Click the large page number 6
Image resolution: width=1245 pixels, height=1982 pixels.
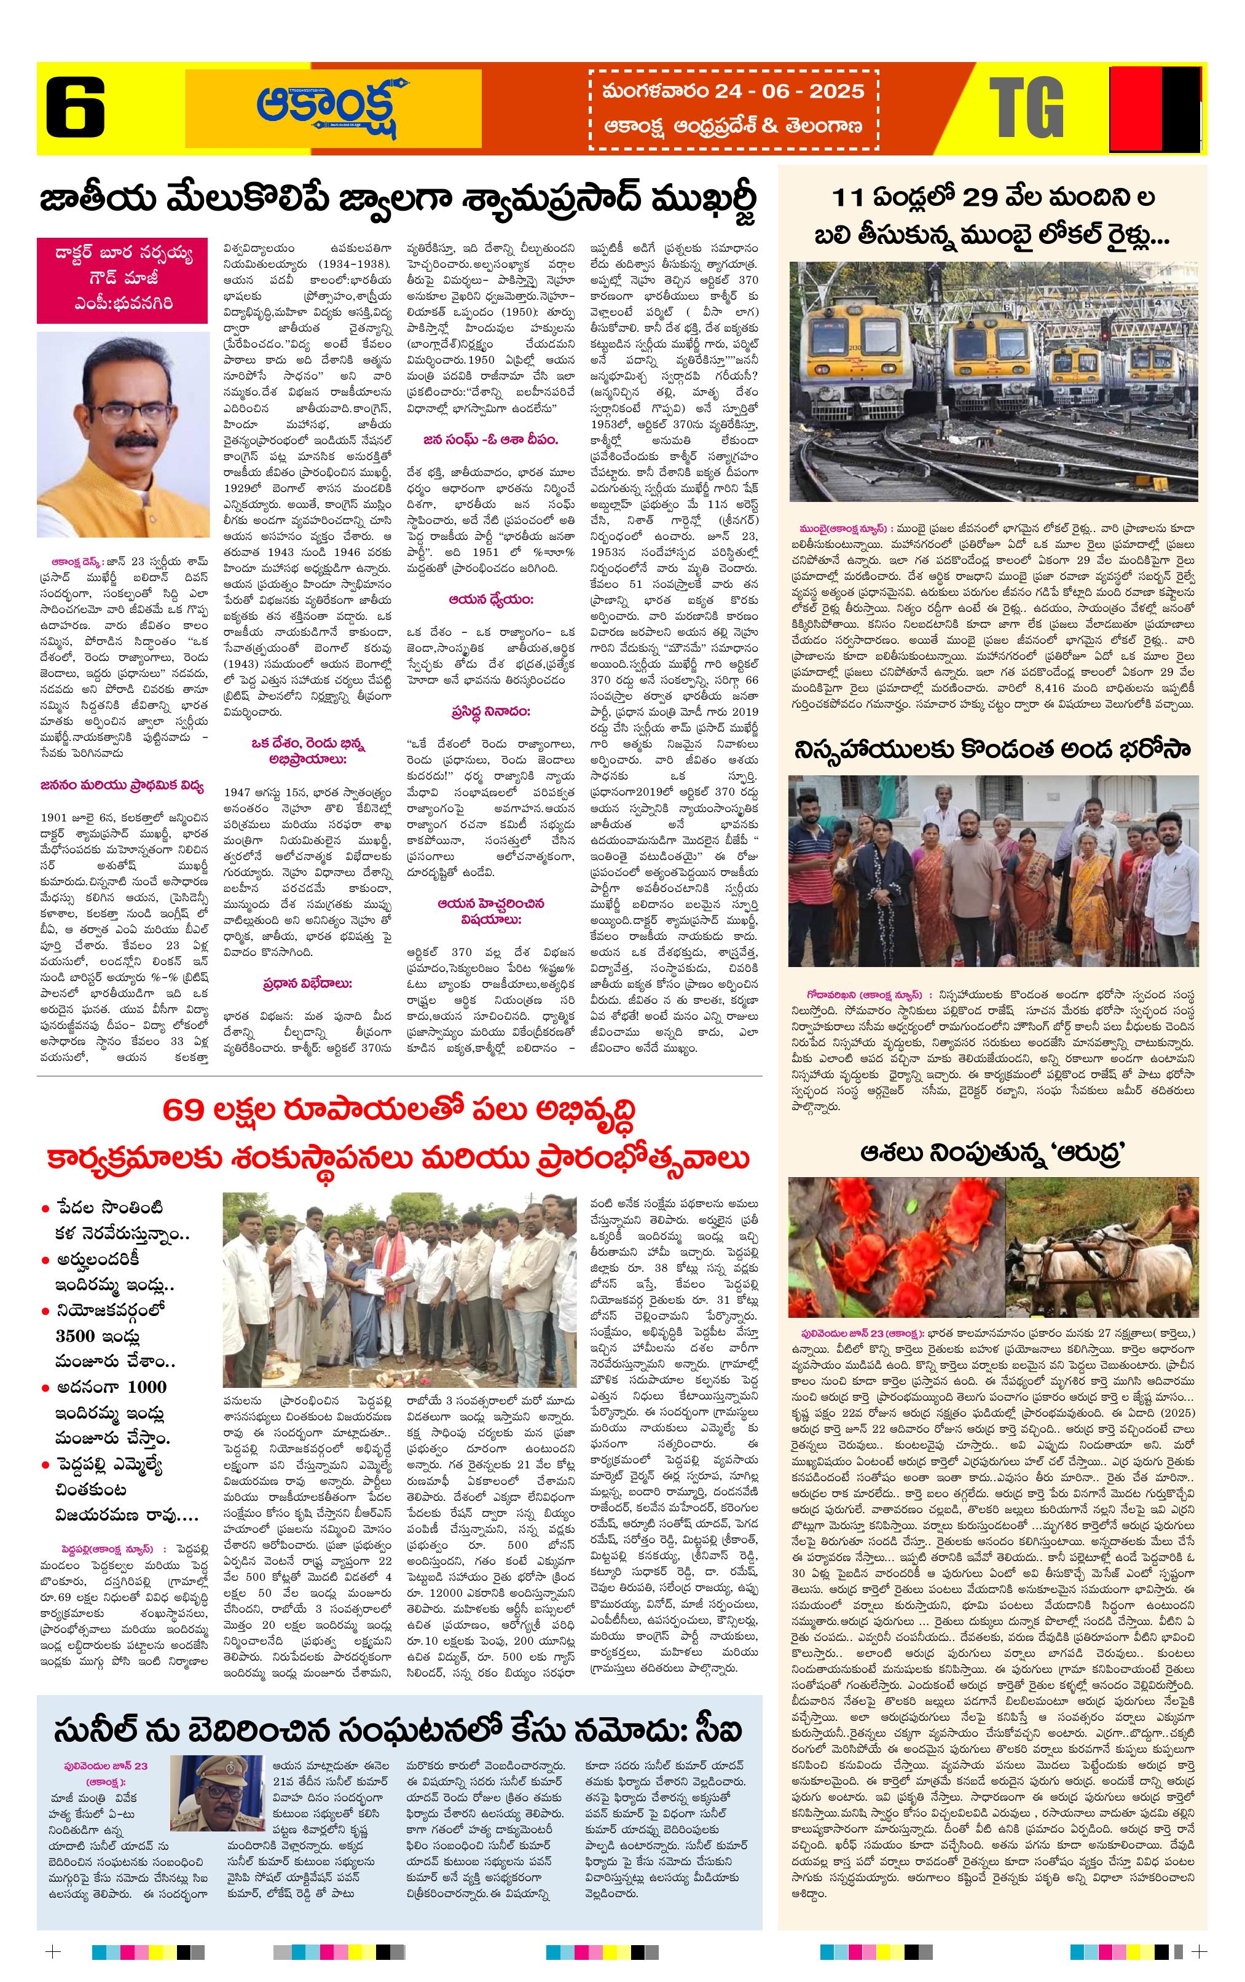pos(75,107)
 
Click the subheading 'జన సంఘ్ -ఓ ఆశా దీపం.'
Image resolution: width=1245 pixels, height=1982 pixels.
pos(490,439)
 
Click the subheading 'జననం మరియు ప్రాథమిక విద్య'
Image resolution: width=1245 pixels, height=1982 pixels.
pos(122,785)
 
